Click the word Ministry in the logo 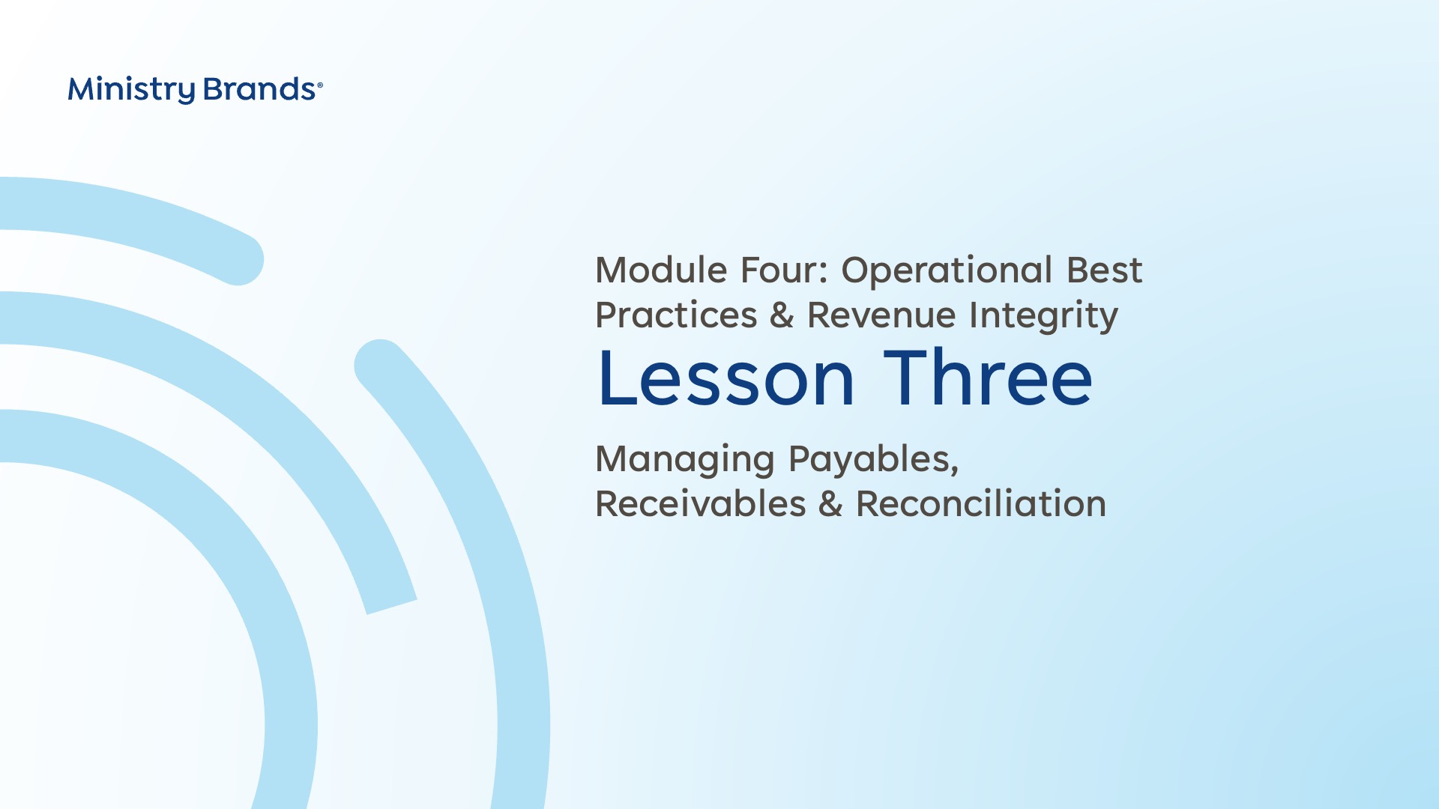[x=132, y=90]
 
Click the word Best [x=1105, y=270]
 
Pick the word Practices [x=676, y=315]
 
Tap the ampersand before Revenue [x=782, y=315]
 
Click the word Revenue [x=881, y=315]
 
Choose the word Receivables [x=701, y=503]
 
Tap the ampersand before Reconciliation [x=830, y=504]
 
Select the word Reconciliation [x=981, y=503]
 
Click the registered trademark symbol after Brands [x=320, y=85]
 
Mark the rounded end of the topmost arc [x=239, y=259]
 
